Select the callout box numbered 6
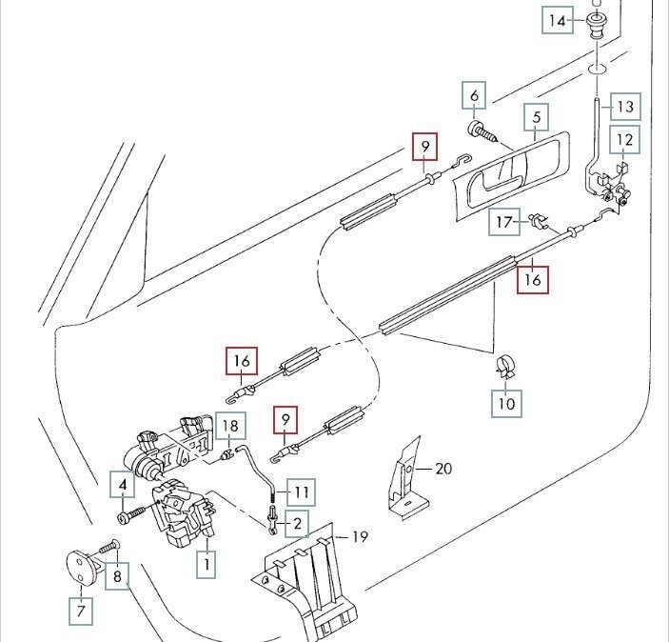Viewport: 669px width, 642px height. tap(474, 95)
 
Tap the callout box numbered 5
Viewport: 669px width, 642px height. tap(537, 119)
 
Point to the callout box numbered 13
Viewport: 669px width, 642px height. tap(625, 106)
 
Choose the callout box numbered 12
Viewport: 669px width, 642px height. tap(624, 141)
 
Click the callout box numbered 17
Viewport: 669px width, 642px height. tap(505, 223)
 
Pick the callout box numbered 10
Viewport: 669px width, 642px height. tap(507, 404)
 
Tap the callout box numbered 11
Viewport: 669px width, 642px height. tap(302, 492)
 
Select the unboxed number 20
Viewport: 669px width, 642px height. tap(444, 468)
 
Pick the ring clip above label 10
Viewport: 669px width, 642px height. tap(505, 364)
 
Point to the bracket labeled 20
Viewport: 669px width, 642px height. tap(403, 476)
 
